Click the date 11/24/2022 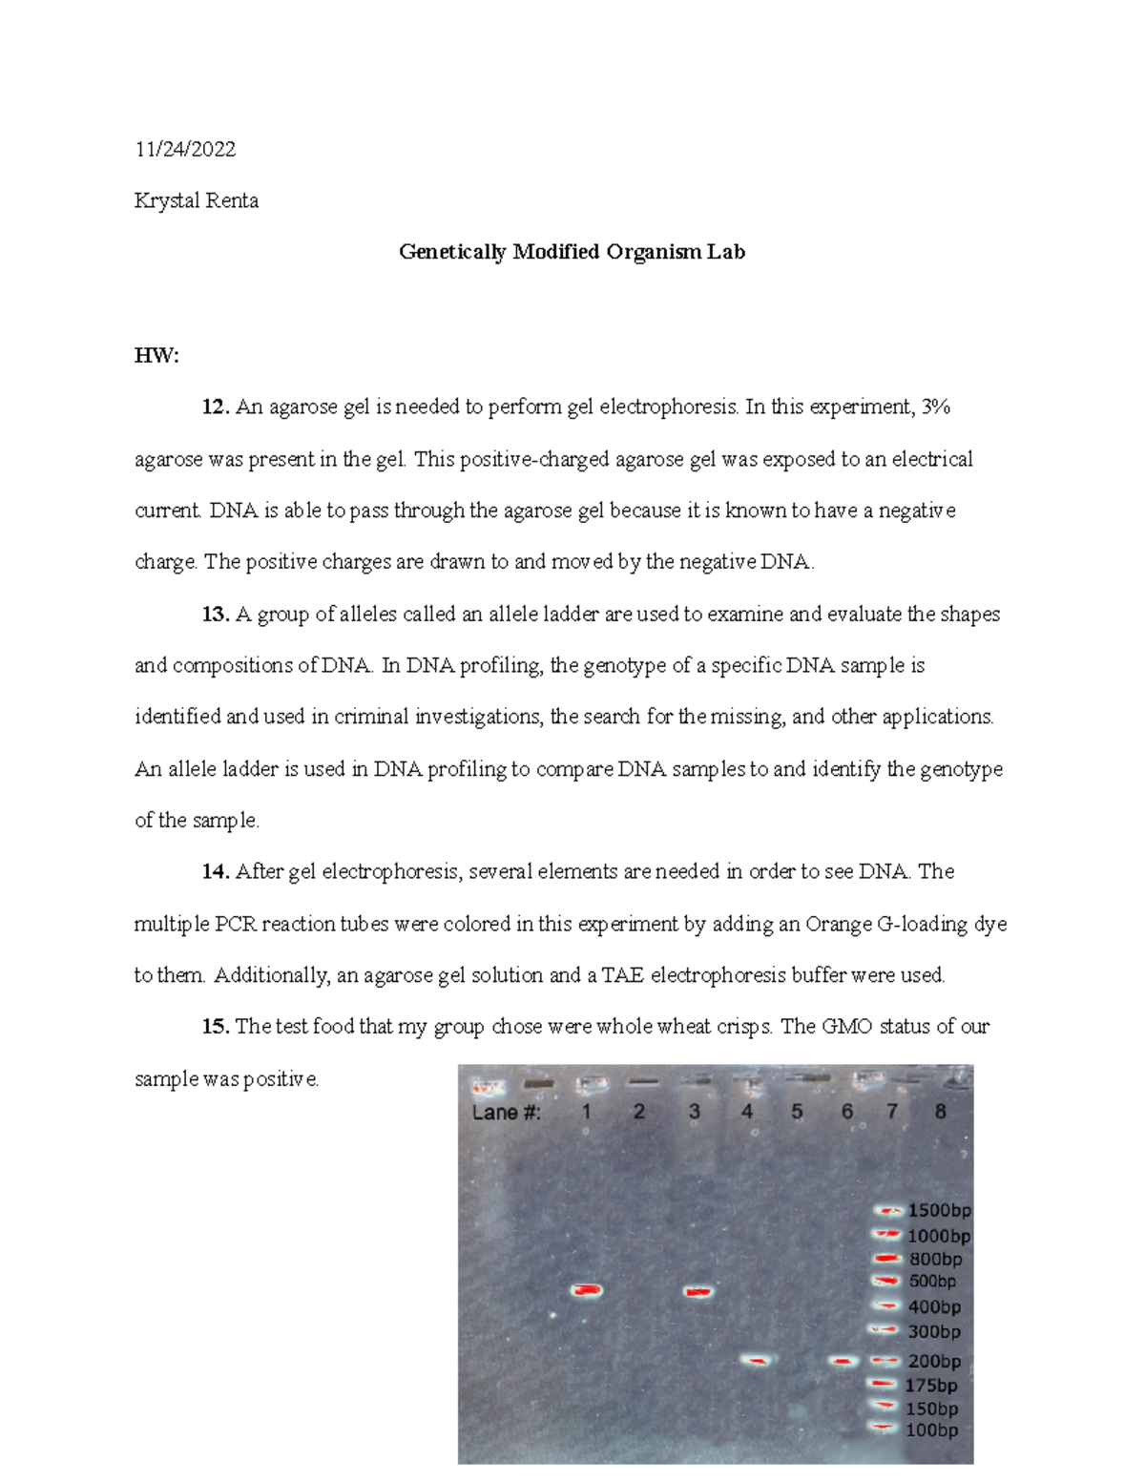tap(185, 149)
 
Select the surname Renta tap(233, 200)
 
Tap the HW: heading tap(156, 356)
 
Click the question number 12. tap(216, 407)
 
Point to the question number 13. tap(216, 615)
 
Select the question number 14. tap(216, 871)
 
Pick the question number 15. tap(216, 1027)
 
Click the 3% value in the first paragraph tap(935, 407)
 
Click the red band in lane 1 tap(587, 1291)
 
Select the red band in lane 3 tap(698, 1292)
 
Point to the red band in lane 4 tap(756, 1361)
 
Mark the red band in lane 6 tap(843, 1361)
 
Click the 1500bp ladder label tap(939, 1210)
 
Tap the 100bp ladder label tap(931, 1430)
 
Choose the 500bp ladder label tap(931, 1282)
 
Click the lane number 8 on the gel tap(940, 1111)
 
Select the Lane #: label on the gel tap(507, 1113)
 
